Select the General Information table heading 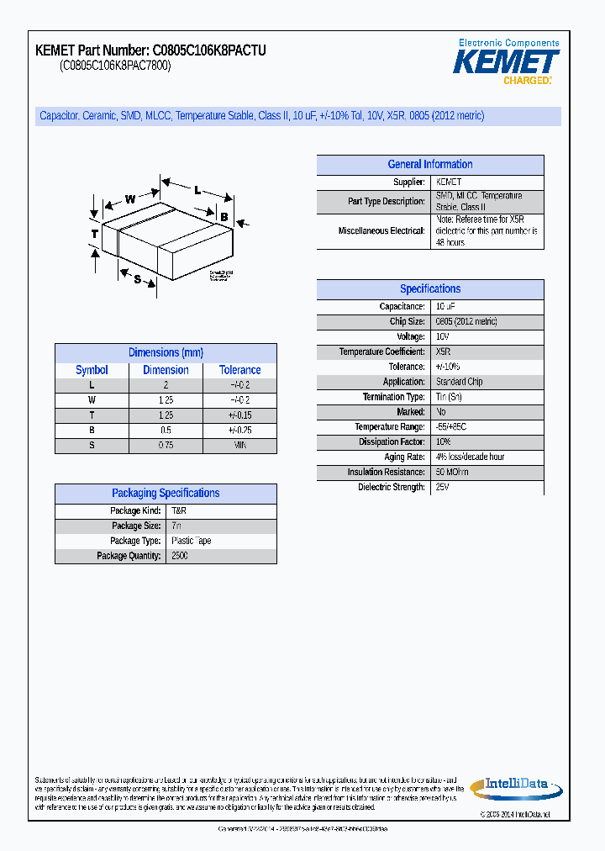[x=429, y=165]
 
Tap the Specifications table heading [x=429, y=289]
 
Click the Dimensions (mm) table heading [x=166, y=353]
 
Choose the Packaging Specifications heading [x=166, y=494]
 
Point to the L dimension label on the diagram [x=197, y=190]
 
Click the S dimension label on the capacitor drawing [x=137, y=279]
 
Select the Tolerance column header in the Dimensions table [x=240, y=370]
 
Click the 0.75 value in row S [x=166, y=446]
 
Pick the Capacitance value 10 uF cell [x=445, y=307]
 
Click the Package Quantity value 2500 [x=180, y=556]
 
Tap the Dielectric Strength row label [x=392, y=488]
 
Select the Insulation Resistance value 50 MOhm [x=452, y=473]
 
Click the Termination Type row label [x=393, y=397]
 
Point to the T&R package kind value [x=179, y=511]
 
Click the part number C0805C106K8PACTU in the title [x=209, y=51]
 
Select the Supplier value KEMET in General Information [x=449, y=182]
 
